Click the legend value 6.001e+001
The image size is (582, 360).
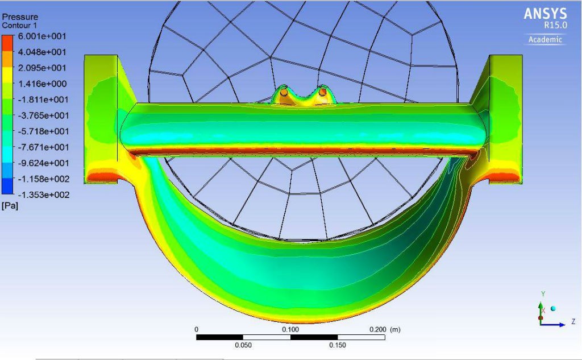point(42,36)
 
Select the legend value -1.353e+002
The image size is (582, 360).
point(44,195)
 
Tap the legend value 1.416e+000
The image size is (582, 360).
point(42,84)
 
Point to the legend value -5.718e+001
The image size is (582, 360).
point(43,131)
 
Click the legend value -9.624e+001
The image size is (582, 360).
point(43,163)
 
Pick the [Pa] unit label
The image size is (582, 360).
point(10,206)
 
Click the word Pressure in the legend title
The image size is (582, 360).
point(20,16)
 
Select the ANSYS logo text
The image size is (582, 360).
point(545,14)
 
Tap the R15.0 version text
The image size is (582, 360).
point(556,25)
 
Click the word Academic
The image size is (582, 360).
point(545,39)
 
